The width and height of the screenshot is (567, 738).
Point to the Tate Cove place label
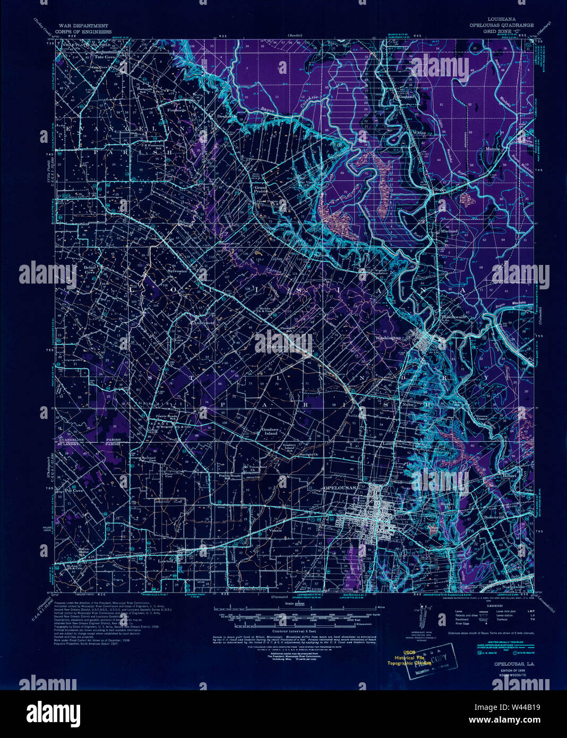pyautogui.click(x=105, y=56)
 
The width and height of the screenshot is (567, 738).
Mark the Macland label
pyautogui.click(x=450, y=231)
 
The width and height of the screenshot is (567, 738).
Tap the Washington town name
pyautogui.click(x=388, y=338)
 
